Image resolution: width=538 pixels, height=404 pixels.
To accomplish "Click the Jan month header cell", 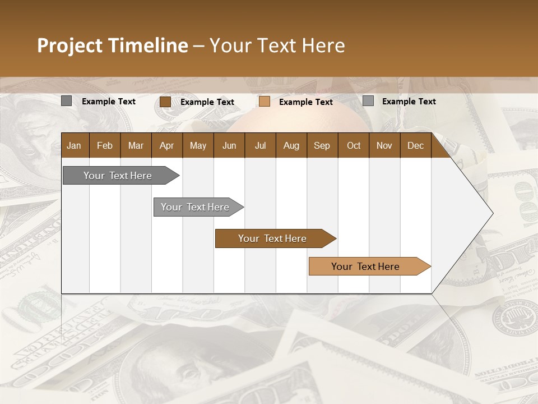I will (75, 145).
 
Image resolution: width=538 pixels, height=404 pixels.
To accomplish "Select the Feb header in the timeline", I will (105, 145).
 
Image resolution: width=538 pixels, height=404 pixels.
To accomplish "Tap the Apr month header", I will (166, 145).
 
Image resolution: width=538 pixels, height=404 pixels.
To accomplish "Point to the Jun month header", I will (229, 145).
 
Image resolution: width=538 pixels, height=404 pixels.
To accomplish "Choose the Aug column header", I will (291, 145).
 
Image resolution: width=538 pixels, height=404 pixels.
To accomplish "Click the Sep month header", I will (322, 145).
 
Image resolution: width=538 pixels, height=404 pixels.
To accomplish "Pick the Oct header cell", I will (353, 145).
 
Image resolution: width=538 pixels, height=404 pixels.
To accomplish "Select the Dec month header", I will (415, 145).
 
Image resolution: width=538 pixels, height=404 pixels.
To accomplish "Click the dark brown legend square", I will (165, 102).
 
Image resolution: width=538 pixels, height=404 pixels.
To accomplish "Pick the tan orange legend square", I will (265, 102).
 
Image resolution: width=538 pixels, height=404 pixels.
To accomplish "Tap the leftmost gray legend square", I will (66, 101).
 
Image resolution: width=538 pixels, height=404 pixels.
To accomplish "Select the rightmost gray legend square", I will (368, 101).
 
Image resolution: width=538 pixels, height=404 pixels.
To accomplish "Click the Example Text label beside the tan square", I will (305, 102).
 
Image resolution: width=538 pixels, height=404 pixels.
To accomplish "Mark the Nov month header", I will (384, 145).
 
